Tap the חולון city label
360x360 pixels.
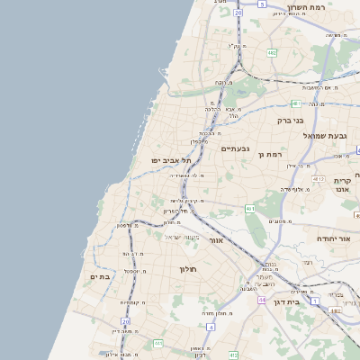pos(188,269)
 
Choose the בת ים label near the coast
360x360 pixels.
pos(101,277)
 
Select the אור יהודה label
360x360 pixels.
pos(332,238)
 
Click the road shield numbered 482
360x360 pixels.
pos(271,53)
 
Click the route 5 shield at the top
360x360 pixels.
pos(262,4)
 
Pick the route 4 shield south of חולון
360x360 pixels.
pos(211,328)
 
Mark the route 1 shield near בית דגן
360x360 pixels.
pos(315,301)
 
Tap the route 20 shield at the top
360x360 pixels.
pos(237,13)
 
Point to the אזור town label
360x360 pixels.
pos(215,241)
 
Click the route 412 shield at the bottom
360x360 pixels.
pos(233,355)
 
